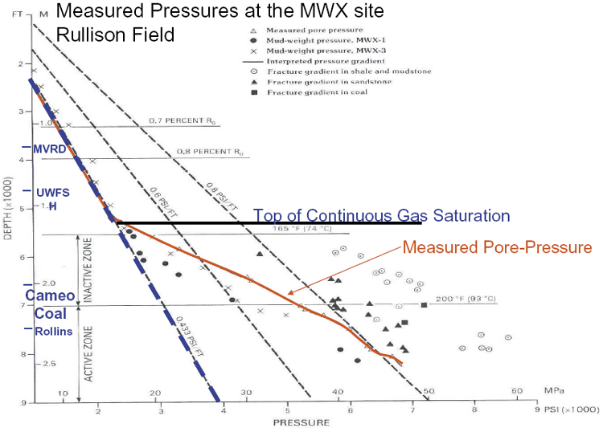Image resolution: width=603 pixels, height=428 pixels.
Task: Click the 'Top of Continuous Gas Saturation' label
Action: [x=382, y=216]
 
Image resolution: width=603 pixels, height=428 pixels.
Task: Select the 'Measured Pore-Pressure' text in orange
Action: [x=497, y=247]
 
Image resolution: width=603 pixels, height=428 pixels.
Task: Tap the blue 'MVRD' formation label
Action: [x=49, y=149]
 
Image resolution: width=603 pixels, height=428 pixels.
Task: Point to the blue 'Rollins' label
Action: [x=53, y=331]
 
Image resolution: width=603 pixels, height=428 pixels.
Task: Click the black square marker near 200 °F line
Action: [x=424, y=304]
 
